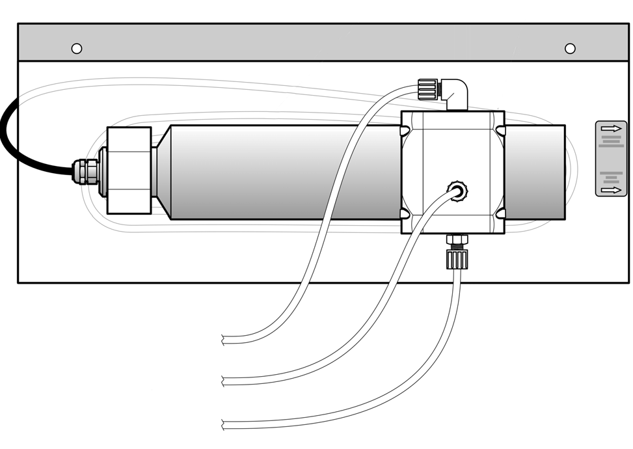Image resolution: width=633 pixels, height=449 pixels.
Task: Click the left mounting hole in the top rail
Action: pos(77,48)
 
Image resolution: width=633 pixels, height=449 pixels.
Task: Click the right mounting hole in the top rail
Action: pos(570,48)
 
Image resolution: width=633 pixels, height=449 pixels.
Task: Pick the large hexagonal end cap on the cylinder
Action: pos(129,170)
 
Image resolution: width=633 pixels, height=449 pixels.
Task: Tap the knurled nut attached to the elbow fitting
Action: pos(427,88)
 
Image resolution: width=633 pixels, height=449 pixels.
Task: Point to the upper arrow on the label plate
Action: pos(612,129)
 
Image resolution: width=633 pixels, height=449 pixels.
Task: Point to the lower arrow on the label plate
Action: pos(612,190)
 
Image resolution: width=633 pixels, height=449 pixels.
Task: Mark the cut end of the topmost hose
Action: pos(224,340)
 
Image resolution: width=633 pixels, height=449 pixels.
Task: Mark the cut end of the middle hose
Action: pos(224,381)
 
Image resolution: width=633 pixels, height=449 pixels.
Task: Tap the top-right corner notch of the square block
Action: pos(500,131)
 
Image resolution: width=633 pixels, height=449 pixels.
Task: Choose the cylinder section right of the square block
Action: pos(535,172)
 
